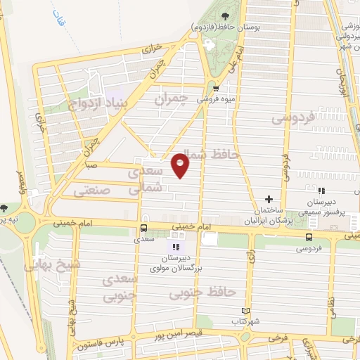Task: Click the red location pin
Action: (x=181, y=165)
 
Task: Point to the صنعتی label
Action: (x=91, y=188)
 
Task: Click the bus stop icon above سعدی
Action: (x=143, y=229)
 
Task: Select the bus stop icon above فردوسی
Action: (x=309, y=238)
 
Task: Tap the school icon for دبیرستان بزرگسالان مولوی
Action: (x=176, y=247)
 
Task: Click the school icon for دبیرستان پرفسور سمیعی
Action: (x=321, y=191)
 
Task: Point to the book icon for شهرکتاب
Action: (x=245, y=311)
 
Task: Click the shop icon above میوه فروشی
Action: (x=217, y=88)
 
